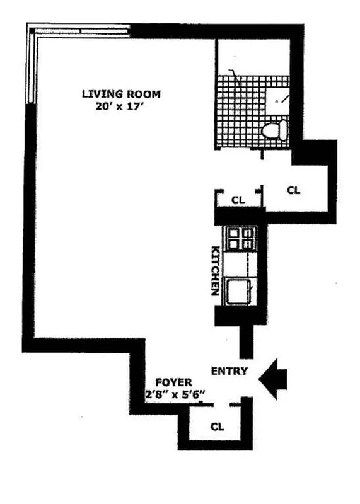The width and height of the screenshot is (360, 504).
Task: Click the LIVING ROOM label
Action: (121, 94)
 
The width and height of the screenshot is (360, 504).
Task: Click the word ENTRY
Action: (229, 370)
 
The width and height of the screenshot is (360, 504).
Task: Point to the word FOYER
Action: (168, 382)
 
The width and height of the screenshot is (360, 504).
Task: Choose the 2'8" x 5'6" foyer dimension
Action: (177, 395)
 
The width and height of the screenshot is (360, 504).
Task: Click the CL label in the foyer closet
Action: (217, 427)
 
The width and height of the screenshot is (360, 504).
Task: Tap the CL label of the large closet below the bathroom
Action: (293, 189)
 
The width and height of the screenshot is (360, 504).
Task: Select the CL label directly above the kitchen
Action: (237, 200)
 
